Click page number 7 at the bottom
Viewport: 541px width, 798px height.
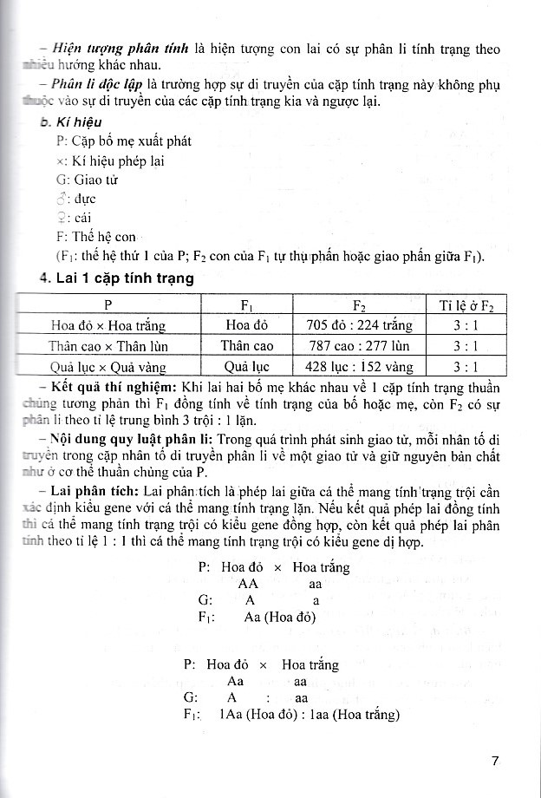point(494,762)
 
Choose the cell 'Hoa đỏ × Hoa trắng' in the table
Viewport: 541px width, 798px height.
point(108,326)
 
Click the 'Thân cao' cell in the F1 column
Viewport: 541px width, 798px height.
point(246,346)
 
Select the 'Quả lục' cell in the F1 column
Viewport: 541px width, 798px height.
point(246,366)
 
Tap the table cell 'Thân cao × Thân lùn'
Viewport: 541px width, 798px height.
point(108,346)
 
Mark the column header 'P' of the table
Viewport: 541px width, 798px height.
point(108,306)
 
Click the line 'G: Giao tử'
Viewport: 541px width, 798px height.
point(86,180)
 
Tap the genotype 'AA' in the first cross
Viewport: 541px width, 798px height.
point(248,584)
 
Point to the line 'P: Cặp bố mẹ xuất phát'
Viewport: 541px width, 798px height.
point(123,141)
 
